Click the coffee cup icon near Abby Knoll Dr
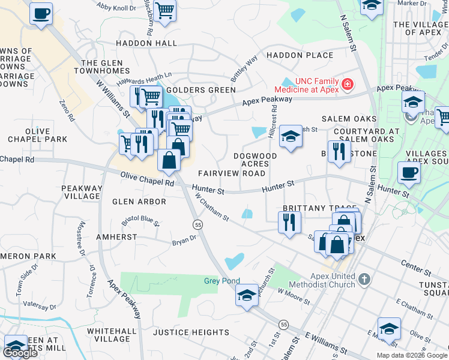(x=41, y=13)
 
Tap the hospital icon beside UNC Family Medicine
(x=347, y=85)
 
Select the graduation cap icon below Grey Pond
(x=247, y=296)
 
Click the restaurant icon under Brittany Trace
(x=289, y=223)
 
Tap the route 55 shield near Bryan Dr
(x=197, y=224)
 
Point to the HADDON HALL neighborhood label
(x=146, y=43)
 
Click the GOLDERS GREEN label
(x=205, y=90)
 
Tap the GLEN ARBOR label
(x=139, y=202)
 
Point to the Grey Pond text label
(x=221, y=281)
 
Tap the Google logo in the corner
(x=20, y=353)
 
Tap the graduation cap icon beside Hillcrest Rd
(x=291, y=136)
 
